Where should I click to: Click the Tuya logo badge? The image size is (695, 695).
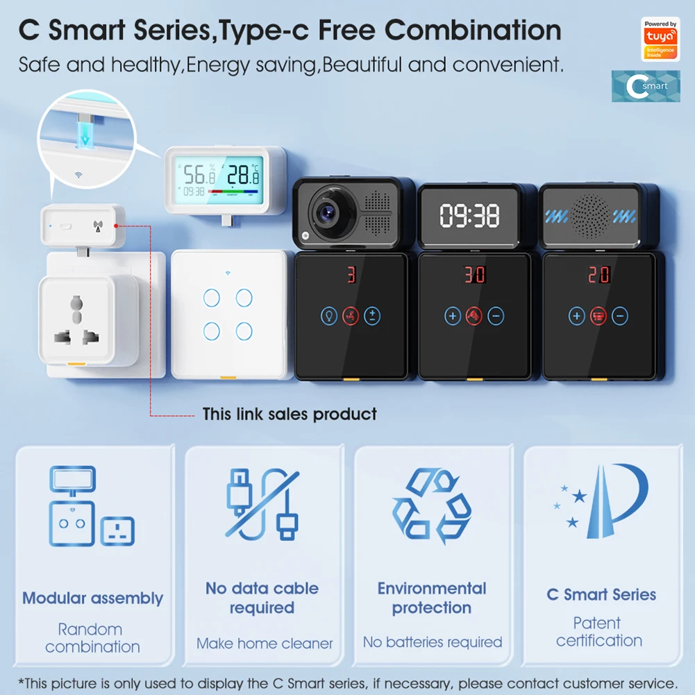point(660,39)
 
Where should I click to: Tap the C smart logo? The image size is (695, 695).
point(646,86)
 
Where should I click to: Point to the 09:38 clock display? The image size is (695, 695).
point(470,216)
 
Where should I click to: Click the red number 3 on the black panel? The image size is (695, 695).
point(351,275)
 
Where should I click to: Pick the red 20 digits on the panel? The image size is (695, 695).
point(598,275)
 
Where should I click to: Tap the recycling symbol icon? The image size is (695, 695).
point(431,505)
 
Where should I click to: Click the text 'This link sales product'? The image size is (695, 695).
point(290,415)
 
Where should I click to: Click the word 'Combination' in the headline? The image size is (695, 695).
point(473,30)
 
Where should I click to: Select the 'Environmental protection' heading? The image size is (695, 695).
point(431,598)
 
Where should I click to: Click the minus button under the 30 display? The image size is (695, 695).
point(496,317)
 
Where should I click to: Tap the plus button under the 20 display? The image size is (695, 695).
point(577,317)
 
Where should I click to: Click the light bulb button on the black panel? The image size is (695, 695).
point(329,317)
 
